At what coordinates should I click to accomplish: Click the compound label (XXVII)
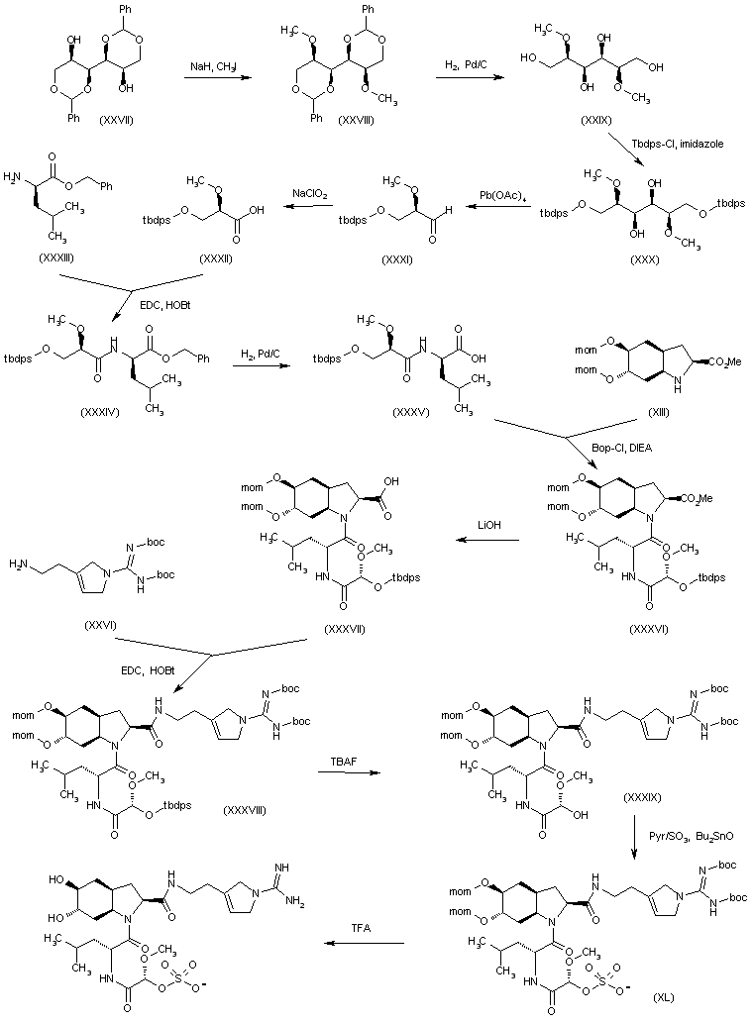(118, 119)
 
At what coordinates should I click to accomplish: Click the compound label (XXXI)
(402, 256)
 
